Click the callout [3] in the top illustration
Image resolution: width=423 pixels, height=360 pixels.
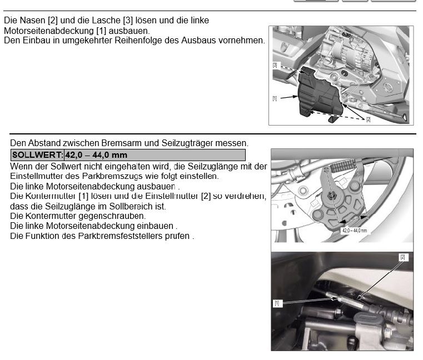pos(275,65)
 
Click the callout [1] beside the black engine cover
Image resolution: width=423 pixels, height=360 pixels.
pos(275,98)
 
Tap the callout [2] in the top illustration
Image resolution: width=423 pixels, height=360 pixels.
pos(368,119)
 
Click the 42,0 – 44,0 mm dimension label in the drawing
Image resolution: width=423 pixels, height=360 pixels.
pos(355,231)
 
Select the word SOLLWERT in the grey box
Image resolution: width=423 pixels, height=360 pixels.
pos(37,155)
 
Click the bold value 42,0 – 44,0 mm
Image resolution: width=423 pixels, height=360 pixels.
pos(96,155)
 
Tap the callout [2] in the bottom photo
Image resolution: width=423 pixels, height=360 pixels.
pos(403,257)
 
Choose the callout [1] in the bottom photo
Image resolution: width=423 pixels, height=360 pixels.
pos(277,303)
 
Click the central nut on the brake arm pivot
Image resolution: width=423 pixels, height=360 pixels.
pos(331,195)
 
